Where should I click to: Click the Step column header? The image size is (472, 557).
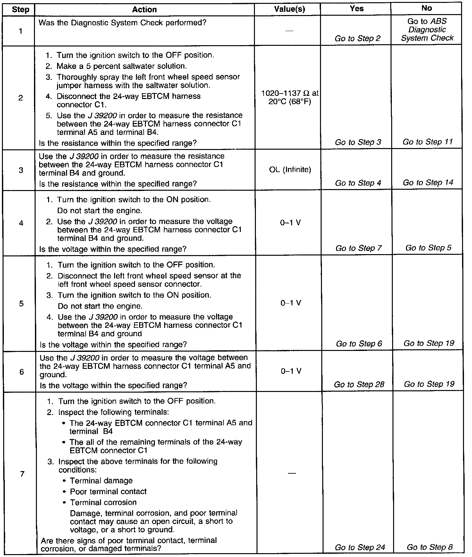coord(20,10)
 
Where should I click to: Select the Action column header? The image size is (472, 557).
coord(144,10)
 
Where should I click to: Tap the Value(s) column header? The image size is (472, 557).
coord(290,9)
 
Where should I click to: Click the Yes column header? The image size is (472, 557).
coord(357,9)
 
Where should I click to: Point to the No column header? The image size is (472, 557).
coord(427,8)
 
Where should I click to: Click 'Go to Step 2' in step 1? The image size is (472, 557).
coord(358,38)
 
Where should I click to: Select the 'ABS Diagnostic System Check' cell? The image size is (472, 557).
coord(427,30)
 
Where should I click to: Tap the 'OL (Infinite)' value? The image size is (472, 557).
coord(290,170)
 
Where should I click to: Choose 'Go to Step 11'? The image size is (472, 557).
coord(428,142)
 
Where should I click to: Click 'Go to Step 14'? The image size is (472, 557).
coord(428,183)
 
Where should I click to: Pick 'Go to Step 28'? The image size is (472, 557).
coord(359,384)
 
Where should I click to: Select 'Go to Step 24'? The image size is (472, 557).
coord(360,547)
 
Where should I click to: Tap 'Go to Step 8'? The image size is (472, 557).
coord(430,547)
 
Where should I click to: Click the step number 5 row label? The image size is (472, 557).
coord(21,303)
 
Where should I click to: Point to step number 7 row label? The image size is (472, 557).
coord(22,474)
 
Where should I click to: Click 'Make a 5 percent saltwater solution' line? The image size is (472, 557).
coord(121,66)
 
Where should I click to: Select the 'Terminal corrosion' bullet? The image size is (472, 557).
coord(103,502)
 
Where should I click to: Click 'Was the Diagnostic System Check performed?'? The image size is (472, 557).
coord(122,23)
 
